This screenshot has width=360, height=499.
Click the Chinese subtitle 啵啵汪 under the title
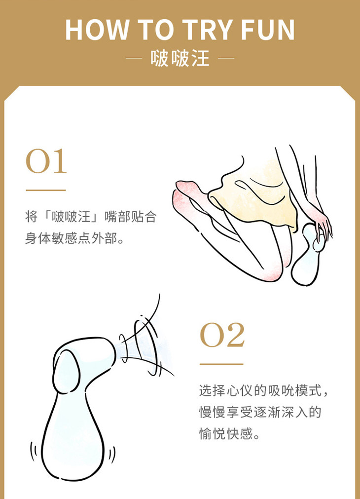[180, 59]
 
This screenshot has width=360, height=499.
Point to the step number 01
[46, 161]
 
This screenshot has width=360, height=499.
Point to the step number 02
[222, 335]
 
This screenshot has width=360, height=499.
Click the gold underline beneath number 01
[45, 190]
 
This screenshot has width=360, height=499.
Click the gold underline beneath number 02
[221, 364]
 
